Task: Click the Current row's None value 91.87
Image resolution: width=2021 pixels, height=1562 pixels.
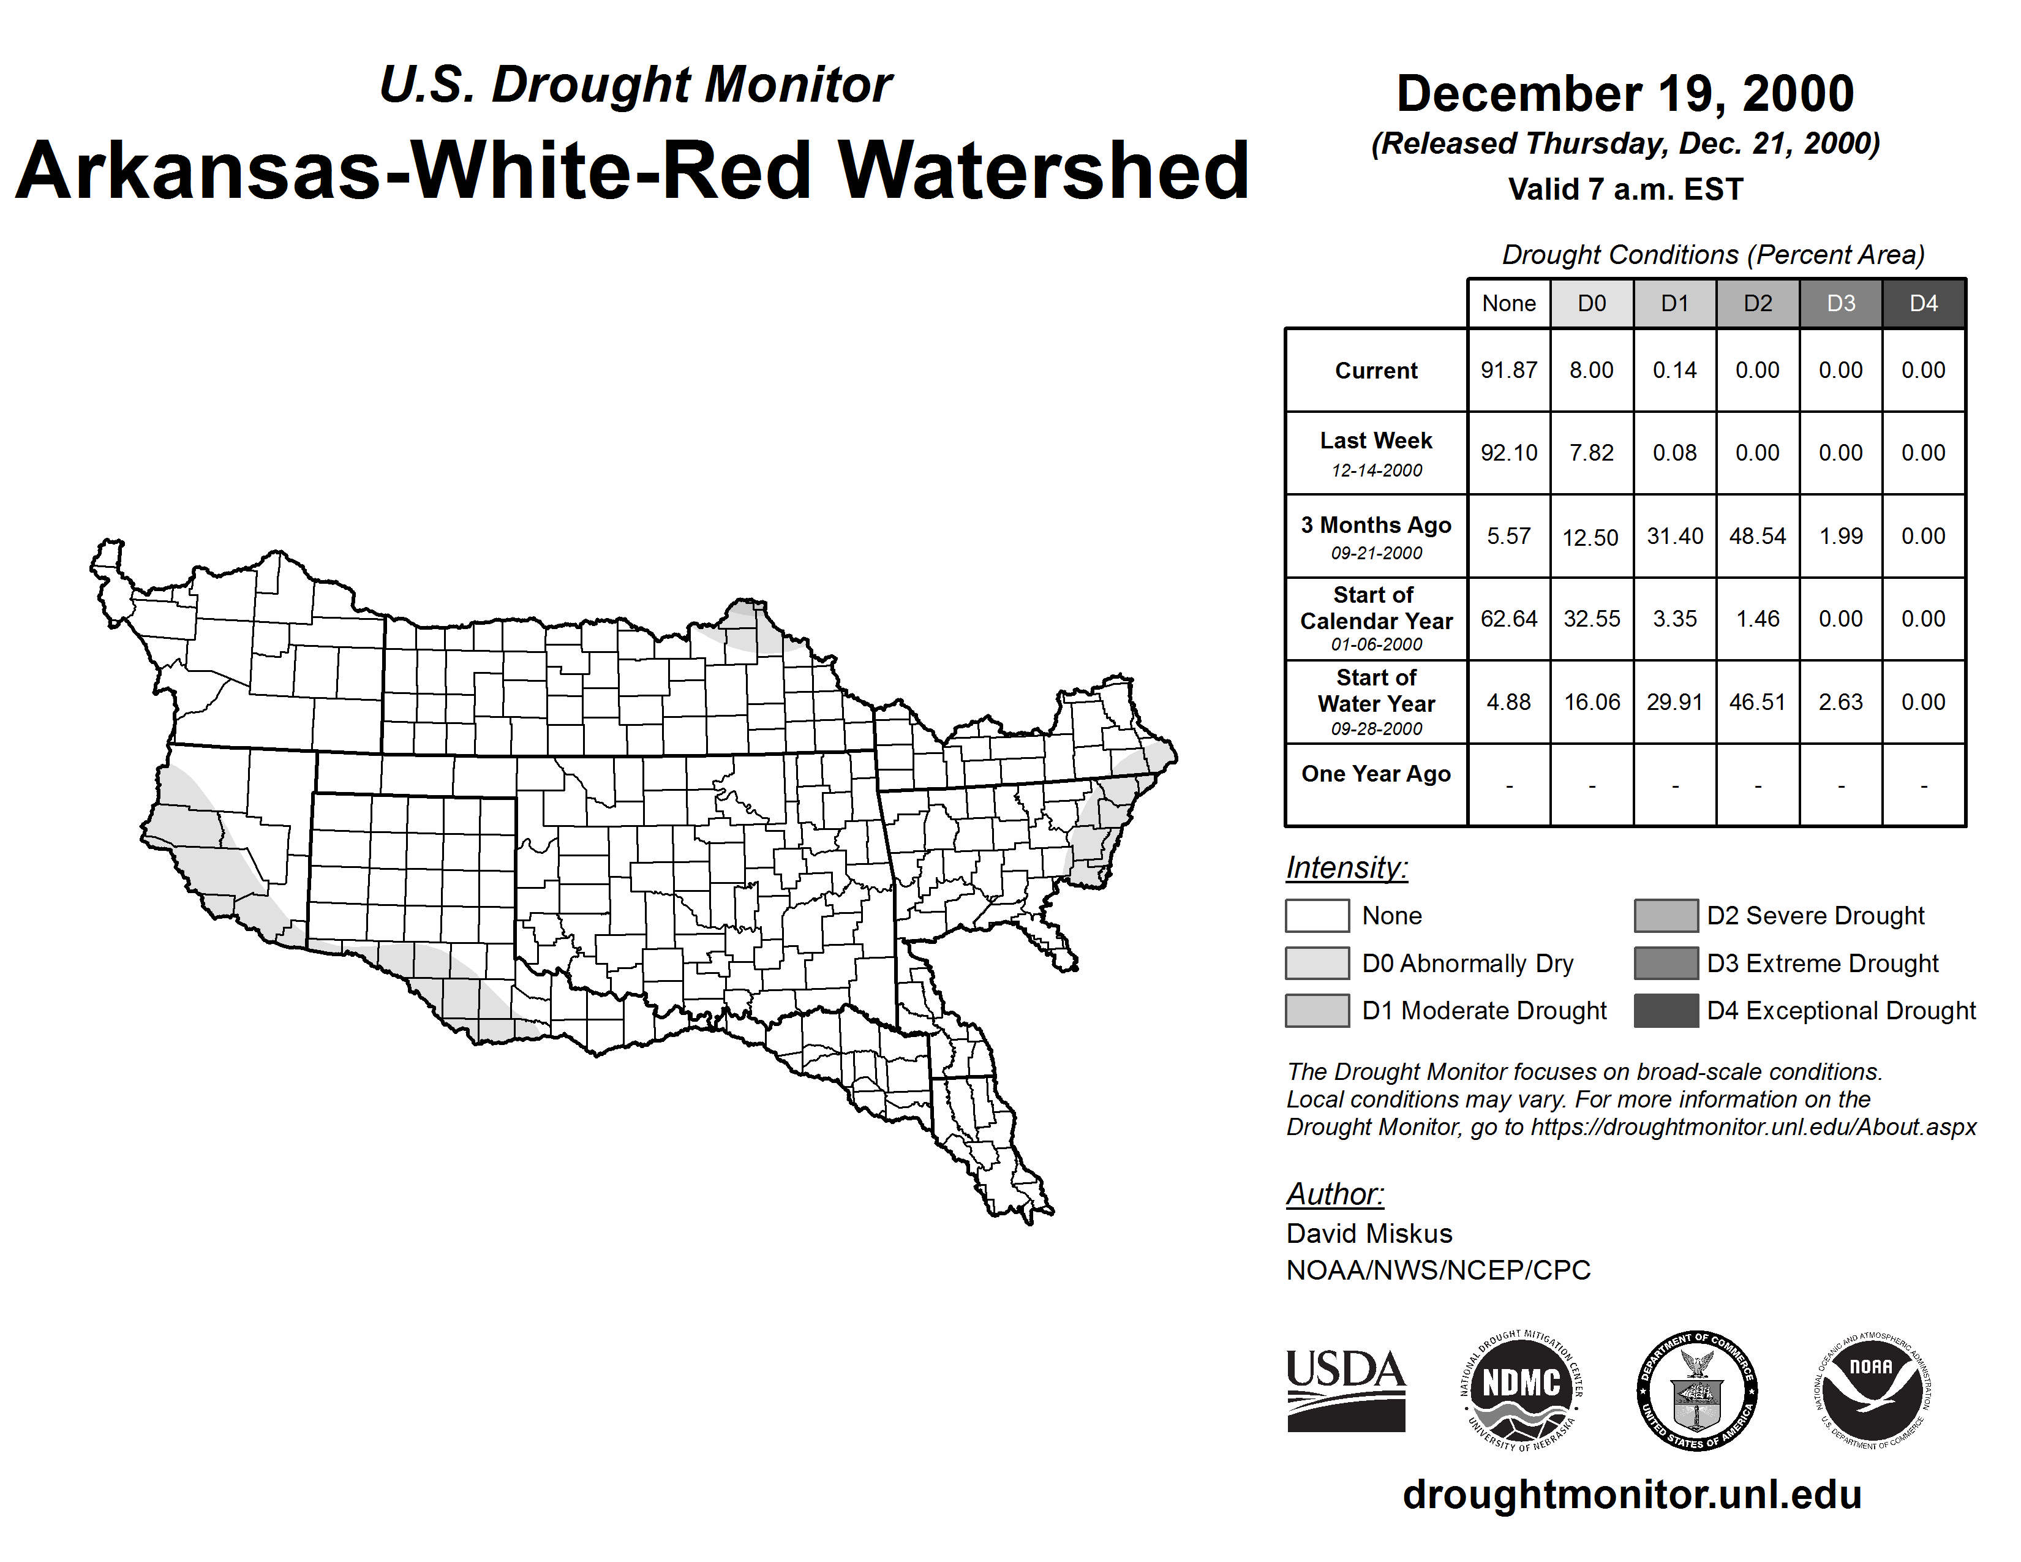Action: point(1508,370)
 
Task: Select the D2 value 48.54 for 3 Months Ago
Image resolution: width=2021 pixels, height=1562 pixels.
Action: point(1757,536)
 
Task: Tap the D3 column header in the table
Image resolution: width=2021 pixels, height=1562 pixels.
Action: point(1840,303)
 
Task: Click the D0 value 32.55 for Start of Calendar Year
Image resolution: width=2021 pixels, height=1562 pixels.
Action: point(1592,618)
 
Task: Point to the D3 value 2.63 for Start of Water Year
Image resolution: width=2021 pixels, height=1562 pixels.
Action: point(1840,701)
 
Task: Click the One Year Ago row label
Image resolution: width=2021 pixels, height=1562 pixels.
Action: point(1376,774)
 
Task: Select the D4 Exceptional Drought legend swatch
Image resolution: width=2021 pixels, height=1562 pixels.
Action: point(1666,1011)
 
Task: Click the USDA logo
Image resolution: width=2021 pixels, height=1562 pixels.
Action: point(1345,1390)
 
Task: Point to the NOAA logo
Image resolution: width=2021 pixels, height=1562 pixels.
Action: point(1872,1390)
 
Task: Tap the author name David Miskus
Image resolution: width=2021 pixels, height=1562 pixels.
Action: point(1369,1234)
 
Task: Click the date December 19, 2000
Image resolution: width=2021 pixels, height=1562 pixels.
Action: point(1625,94)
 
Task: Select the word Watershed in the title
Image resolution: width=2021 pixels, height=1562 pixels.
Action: point(1044,170)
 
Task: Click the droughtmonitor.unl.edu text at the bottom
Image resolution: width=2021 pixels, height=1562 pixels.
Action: point(1631,1495)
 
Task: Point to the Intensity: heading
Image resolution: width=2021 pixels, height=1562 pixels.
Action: point(1346,868)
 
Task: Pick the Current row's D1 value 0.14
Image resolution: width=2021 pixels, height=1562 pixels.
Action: point(1675,370)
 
